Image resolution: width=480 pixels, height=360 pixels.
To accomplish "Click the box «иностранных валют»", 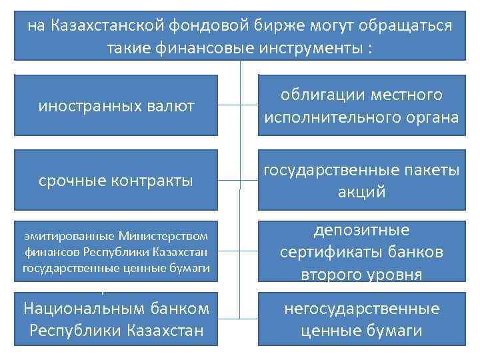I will tap(116, 107).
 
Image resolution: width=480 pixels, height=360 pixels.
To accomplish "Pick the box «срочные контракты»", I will tap(116, 181).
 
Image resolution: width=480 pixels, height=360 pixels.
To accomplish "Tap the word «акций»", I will tap(362, 193).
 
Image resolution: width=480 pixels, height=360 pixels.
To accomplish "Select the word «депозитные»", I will tap(361, 230).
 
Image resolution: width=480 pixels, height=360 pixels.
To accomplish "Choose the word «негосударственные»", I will tap(361, 309).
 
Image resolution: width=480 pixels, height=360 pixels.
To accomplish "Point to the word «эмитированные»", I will tap(69, 235).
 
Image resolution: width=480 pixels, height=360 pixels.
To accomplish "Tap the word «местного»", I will tap(409, 95).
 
